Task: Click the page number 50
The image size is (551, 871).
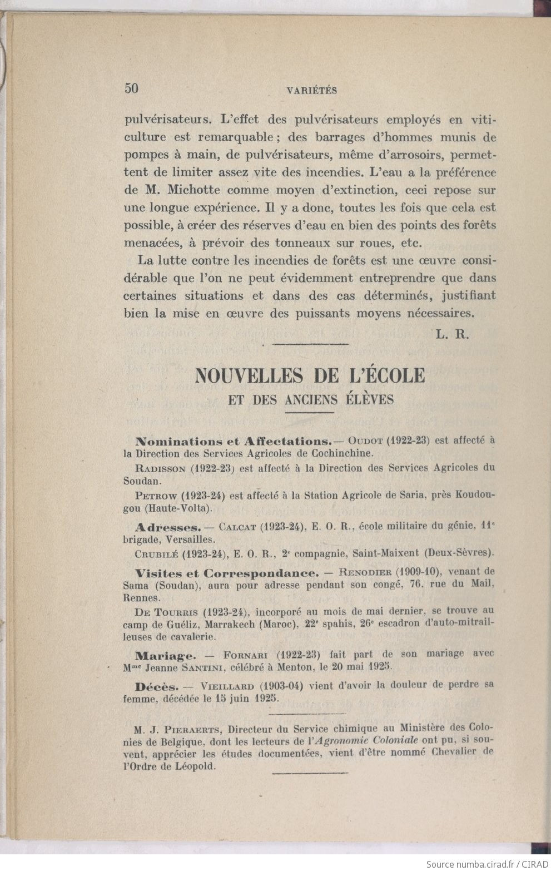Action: pos(131,88)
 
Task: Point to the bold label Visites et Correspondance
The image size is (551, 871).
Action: pos(227,572)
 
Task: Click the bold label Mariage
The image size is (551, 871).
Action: pos(165,655)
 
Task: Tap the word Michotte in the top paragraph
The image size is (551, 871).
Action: pos(185,190)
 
